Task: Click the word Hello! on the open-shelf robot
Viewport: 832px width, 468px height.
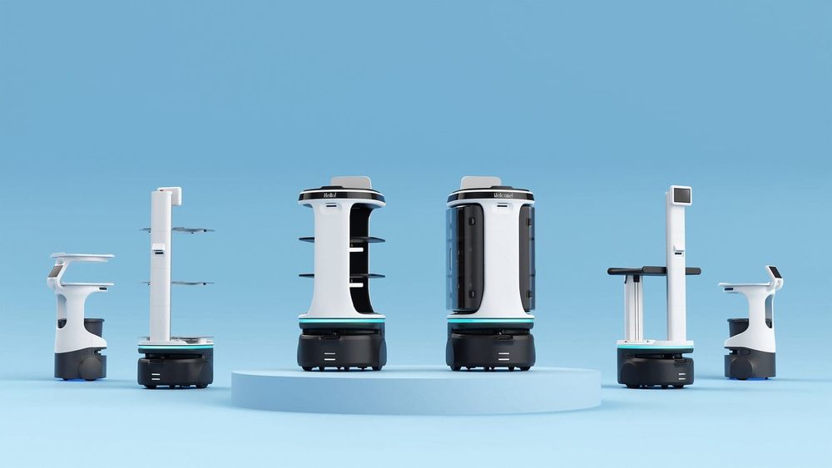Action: (x=341, y=195)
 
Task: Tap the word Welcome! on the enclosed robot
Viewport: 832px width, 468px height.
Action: (x=492, y=195)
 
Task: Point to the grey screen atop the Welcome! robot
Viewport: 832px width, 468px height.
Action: (x=481, y=182)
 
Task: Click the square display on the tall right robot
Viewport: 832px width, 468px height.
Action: (x=681, y=196)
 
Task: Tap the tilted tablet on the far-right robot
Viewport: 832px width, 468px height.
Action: (x=774, y=273)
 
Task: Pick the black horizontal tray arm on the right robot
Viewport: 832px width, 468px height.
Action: (x=653, y=271)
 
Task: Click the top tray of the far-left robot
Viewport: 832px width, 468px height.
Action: (x=82, y=258)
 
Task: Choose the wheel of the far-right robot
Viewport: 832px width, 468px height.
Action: (x=740, y=367)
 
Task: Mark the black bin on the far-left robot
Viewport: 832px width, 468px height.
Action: (x=94, y=326)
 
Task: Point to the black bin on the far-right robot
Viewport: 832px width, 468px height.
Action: (x=737, y=326)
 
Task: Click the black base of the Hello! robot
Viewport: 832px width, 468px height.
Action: (x=341, y=349)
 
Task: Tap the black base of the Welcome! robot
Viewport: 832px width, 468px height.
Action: (x=491, y=349)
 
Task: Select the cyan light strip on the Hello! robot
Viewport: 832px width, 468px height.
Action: (x=341, y=321)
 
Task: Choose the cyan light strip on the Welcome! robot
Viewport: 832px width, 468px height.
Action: (x=491, y=321)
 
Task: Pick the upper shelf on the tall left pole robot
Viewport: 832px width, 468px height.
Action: (x=178, y=229)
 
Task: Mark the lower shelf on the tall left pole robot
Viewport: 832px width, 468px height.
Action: (x=178, y=283)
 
